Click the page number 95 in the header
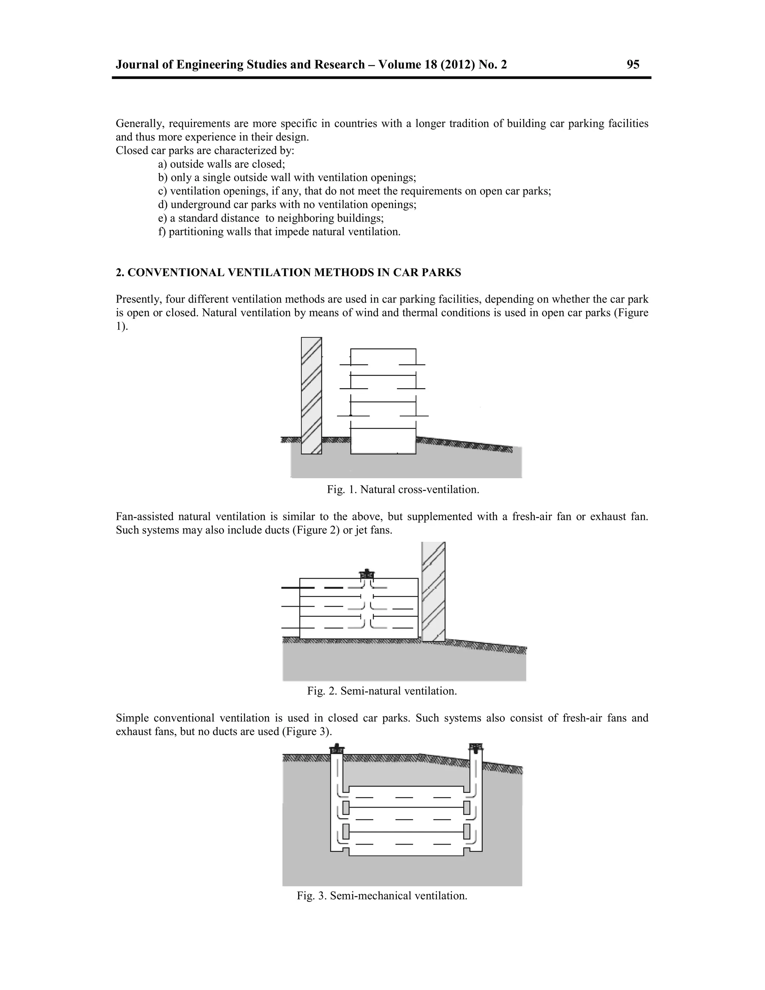point(633,65)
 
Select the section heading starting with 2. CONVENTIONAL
point(288,272)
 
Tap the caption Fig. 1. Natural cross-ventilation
point(403,489)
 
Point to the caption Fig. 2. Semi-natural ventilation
point(382,691)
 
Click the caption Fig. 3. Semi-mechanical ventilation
point(382,896)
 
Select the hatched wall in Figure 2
point(433,591)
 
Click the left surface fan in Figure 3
point(336,748)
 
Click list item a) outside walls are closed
point(222,164)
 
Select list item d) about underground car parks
point(287,204)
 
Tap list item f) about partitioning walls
point(279,232)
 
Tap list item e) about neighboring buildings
point(270,218)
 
